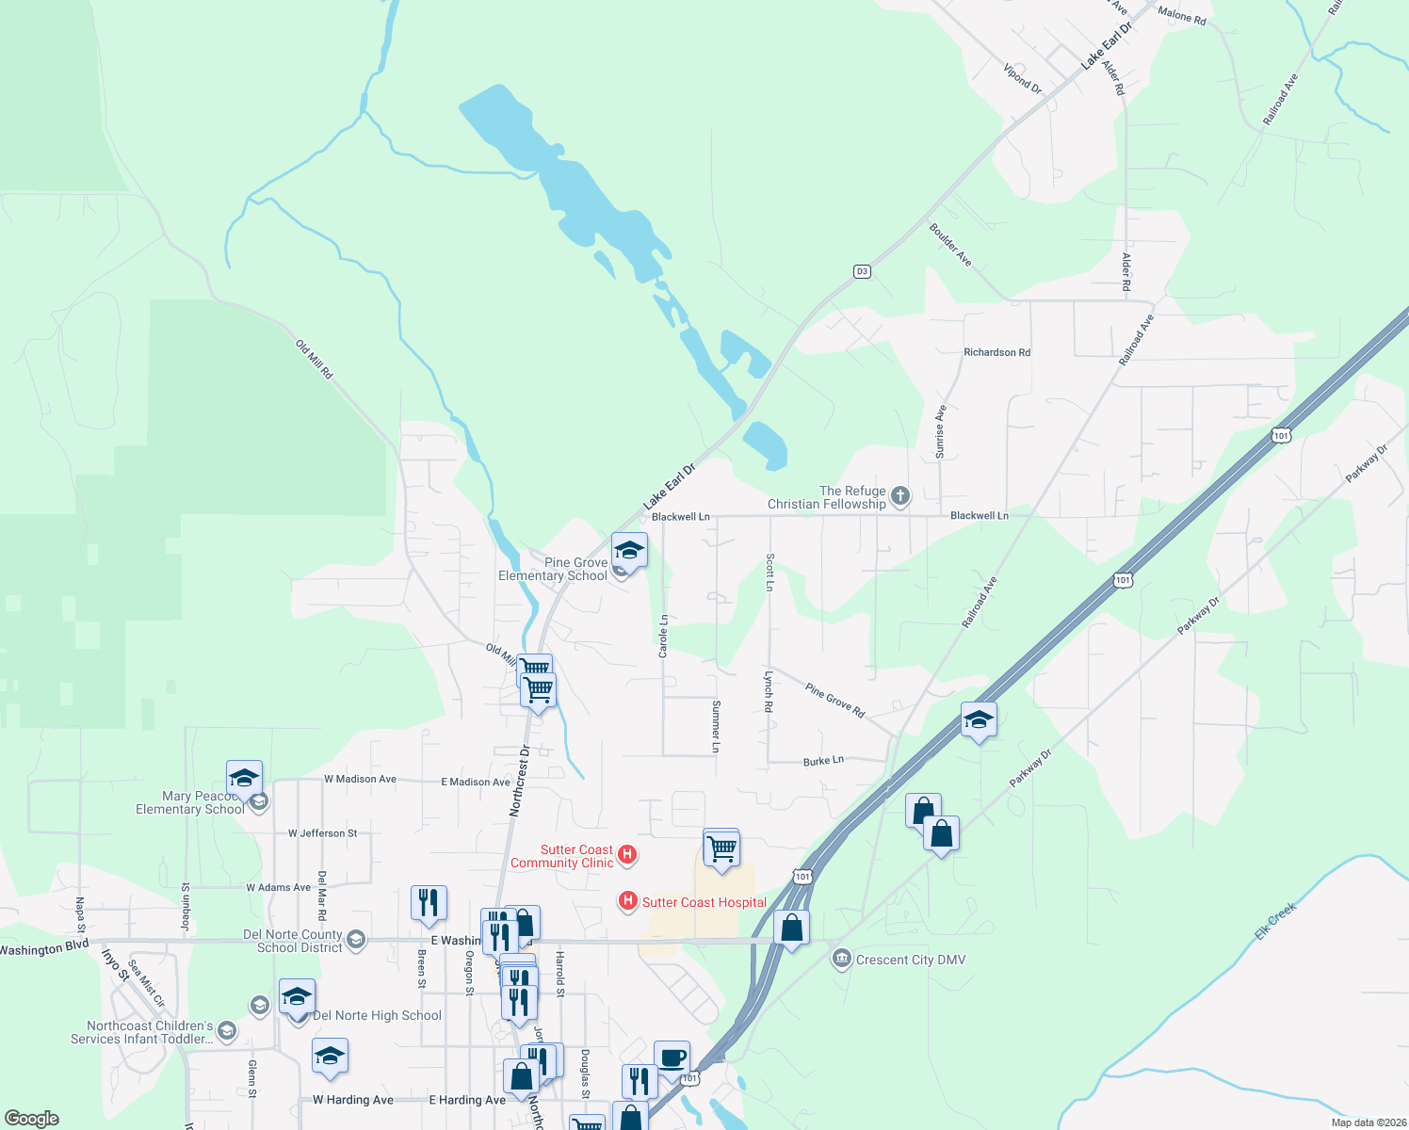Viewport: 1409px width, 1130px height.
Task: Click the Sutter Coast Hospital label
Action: [704, 902]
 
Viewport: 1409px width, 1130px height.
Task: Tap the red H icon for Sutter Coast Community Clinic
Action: [627, 855]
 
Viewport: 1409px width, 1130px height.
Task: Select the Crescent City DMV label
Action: [911, 960]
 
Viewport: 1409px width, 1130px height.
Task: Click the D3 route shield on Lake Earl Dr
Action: [862, 271]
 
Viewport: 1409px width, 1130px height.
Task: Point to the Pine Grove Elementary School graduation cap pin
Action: [629, 550]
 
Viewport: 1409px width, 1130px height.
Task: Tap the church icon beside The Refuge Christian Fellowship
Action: [900, 496]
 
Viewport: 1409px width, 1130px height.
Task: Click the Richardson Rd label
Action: [996, 352]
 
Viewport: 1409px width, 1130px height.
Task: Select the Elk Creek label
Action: [1276, 921]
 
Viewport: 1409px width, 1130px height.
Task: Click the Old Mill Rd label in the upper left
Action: [315, 360]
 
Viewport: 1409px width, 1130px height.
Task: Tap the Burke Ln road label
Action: [823, 760]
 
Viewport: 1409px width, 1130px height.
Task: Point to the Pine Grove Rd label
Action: [834, 701]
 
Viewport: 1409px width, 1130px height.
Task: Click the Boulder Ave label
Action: [950, 245]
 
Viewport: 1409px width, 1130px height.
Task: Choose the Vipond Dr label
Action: [1022, 78]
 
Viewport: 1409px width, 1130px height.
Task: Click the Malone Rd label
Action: [1181, 14]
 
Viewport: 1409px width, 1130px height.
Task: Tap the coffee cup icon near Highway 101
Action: [672, 1058]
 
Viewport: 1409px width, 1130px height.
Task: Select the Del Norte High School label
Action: [377, 1015]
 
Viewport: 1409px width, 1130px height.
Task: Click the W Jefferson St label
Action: [322, 833]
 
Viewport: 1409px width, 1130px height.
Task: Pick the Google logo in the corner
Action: [31, 1119]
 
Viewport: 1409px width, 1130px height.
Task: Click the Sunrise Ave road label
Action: [940, 432]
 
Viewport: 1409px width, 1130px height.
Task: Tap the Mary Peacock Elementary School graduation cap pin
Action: [244, 779]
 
